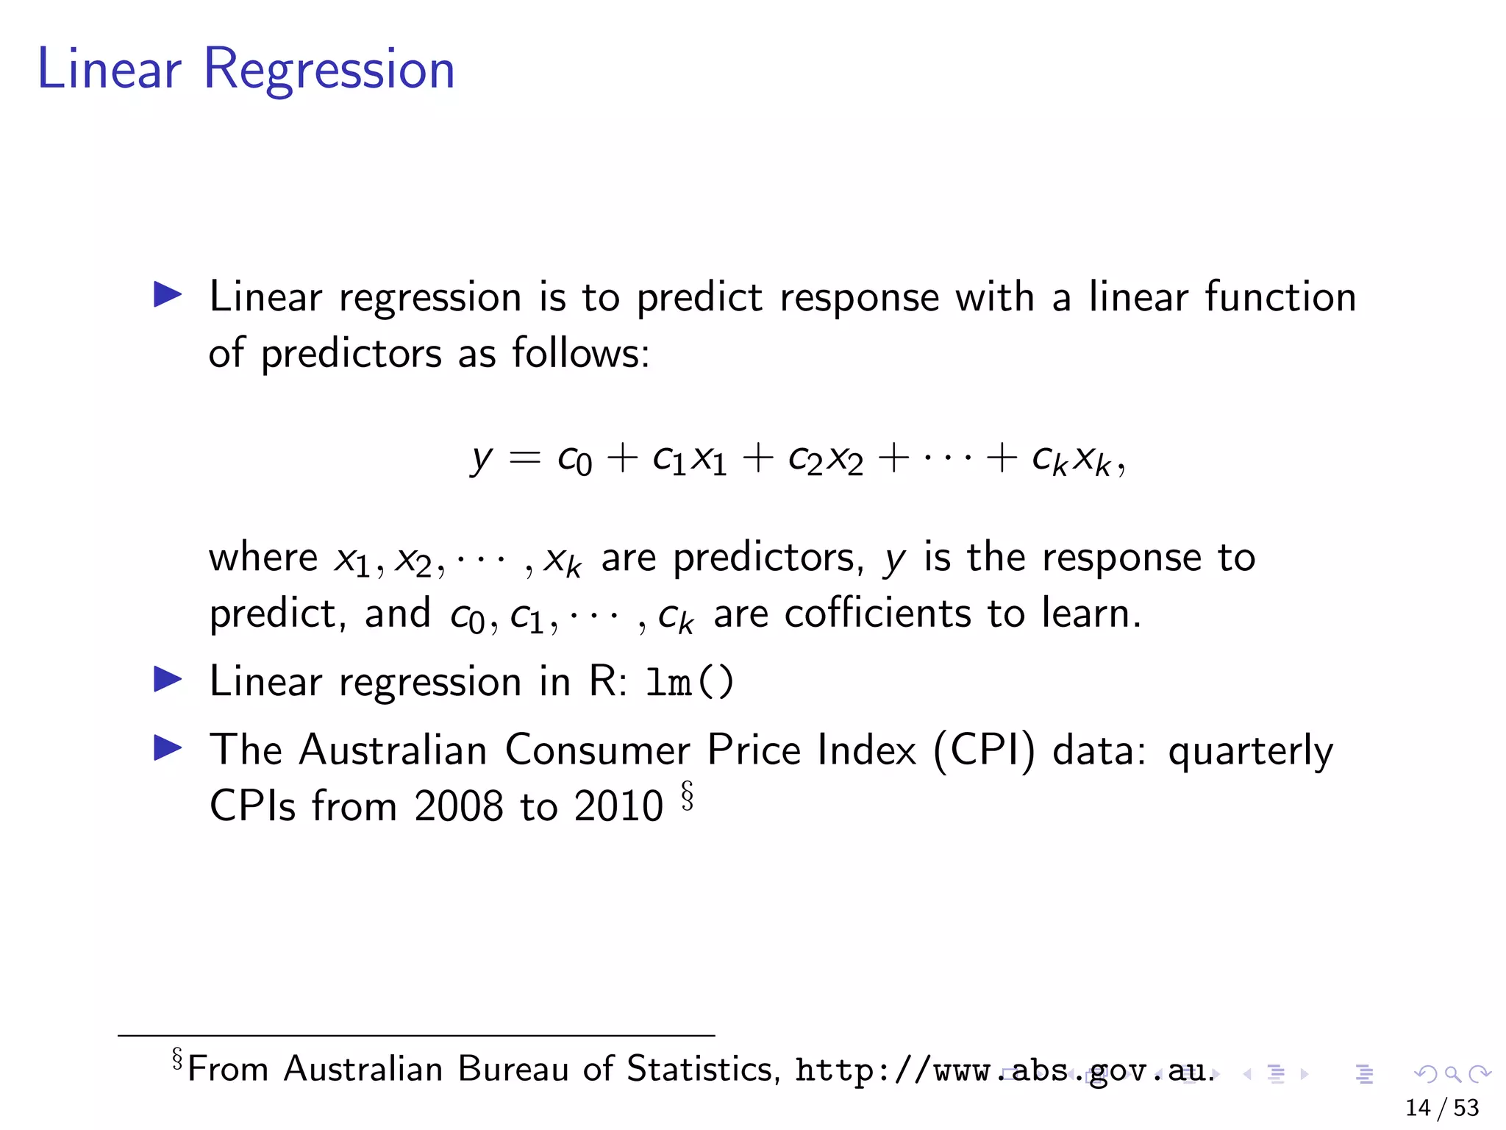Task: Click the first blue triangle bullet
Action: [168, 295]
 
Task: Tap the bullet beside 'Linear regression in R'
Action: [168, 680]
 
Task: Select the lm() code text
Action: [689, 682]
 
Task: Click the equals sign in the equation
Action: [525, 459]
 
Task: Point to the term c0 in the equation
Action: [574, 461]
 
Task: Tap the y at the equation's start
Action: [481, 461]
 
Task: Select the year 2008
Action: [458, 806]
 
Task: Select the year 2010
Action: [618, 806]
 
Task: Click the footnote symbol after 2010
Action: [687, 796]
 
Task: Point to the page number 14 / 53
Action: [1441, 1108]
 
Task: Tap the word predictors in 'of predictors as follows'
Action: [351, 354]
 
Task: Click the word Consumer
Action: [597, 751]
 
